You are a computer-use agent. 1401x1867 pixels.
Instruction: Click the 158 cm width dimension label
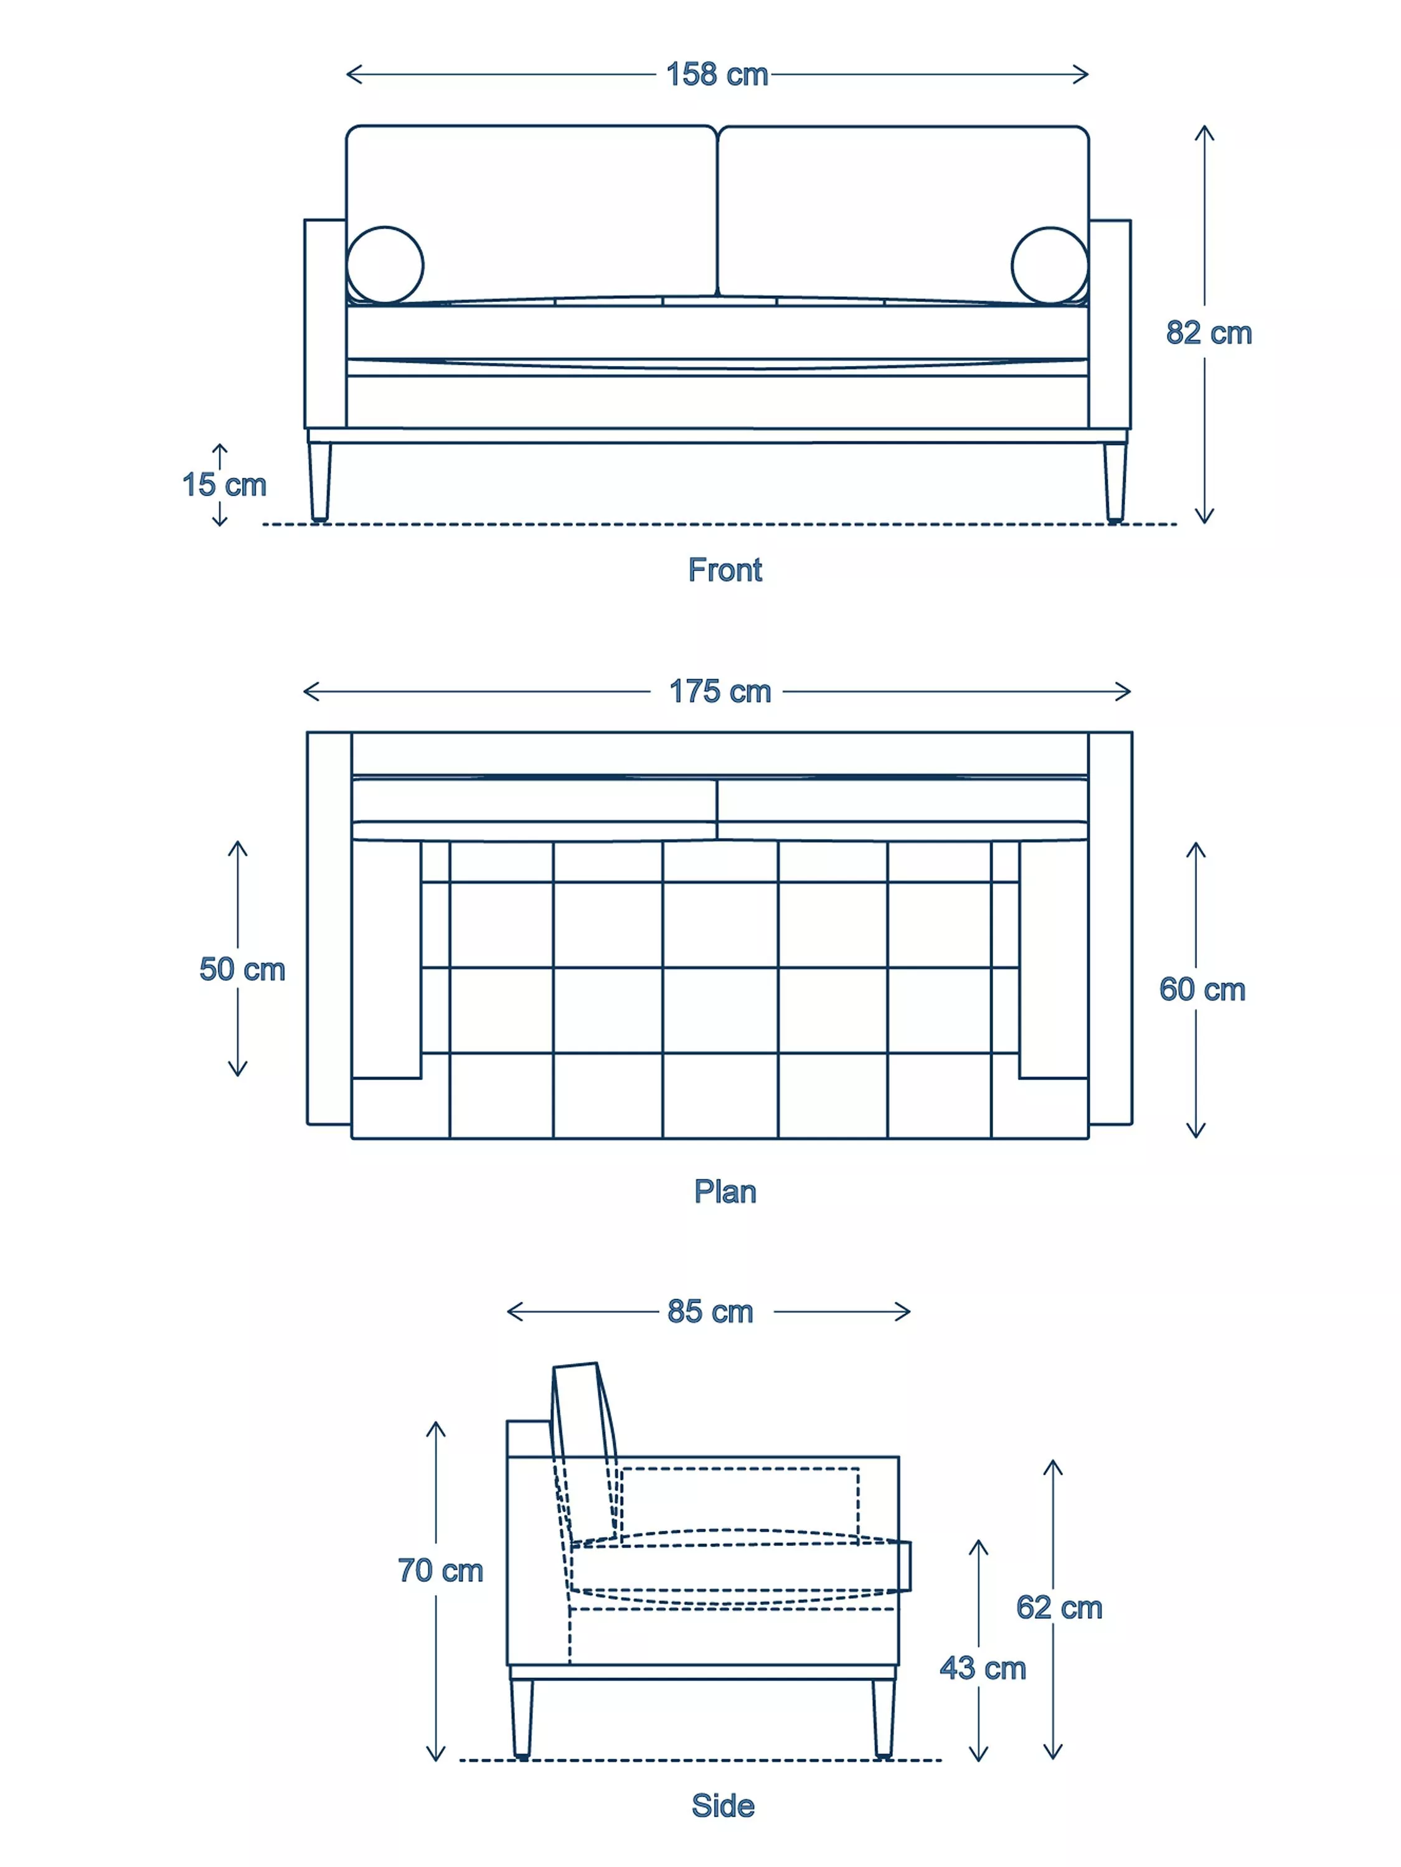716,74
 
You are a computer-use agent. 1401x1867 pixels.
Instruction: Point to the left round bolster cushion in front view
385,264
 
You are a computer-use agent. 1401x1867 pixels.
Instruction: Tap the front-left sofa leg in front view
319,481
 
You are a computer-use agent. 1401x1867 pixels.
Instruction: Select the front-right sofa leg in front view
1115,481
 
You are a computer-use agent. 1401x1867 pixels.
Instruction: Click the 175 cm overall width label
720,691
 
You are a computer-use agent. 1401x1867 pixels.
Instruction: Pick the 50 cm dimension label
242,968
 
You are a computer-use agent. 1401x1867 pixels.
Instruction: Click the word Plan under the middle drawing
725,1191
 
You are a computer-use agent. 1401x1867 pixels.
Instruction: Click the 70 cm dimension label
440,1570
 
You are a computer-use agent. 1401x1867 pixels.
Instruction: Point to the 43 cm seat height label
982,1668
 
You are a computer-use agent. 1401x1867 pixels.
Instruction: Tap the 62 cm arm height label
1059,1607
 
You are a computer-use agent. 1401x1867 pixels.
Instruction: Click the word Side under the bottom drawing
723,1805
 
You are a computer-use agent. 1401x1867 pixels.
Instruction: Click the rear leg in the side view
522,1718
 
